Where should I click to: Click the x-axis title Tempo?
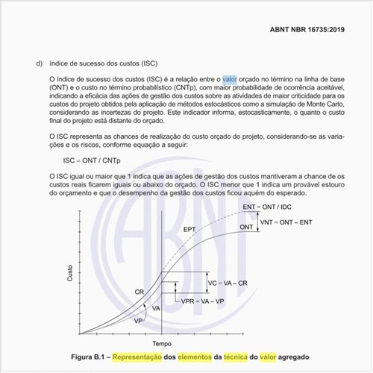coord(161,344)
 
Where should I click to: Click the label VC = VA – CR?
coord(229,284)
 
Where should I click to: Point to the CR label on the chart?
coord(140,291)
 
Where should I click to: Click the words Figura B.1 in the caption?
coord(93,357)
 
